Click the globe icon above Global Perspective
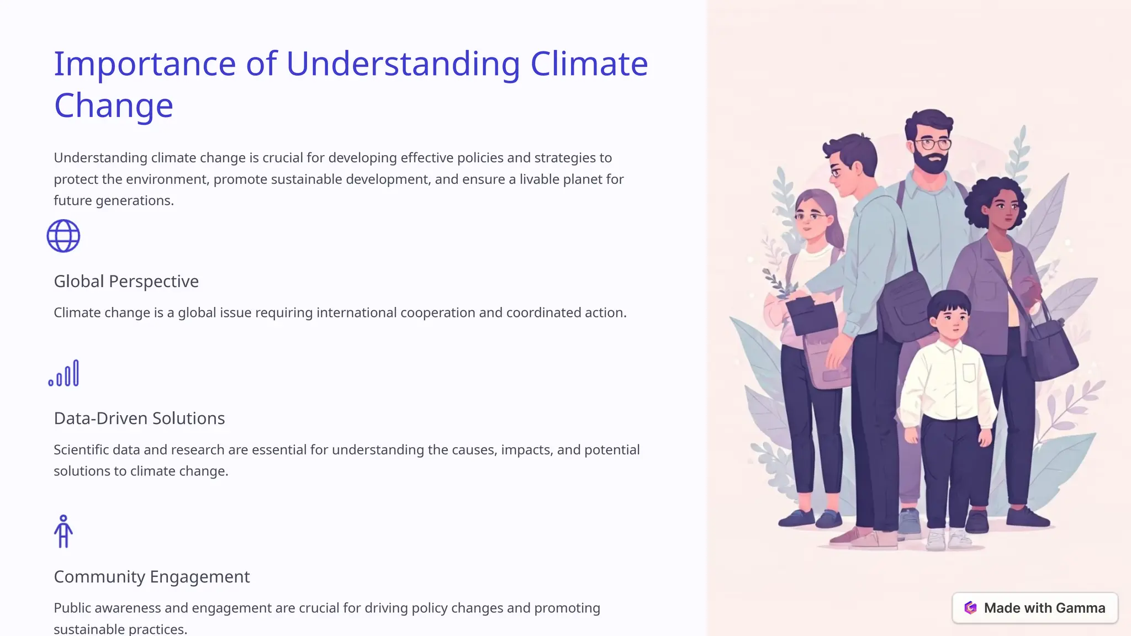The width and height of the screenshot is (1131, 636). pos(64,236)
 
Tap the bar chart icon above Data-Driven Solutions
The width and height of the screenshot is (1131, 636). pos(64,374)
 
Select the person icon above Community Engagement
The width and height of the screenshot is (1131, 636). pos(64,532)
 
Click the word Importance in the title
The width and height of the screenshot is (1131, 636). pos(145,63)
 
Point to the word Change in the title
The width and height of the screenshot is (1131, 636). pos(114,105)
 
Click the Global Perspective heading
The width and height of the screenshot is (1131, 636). pos(126,282)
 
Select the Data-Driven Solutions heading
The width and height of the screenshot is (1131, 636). pos(139,418)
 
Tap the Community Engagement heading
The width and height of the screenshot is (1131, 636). pos(152,577)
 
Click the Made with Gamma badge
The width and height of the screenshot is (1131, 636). pos(1034,608)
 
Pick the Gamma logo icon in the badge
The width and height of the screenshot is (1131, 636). pos(970,608)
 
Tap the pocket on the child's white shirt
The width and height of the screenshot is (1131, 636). pos(970,373)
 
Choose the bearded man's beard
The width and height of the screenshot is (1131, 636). pos(931,162)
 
